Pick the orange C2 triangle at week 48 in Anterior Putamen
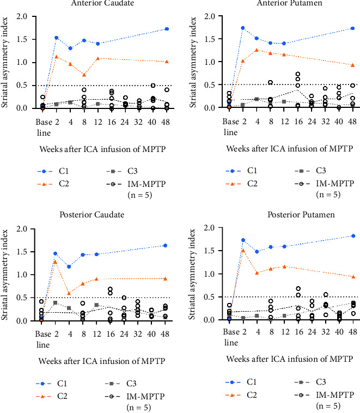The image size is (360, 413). click(x=353, y=65)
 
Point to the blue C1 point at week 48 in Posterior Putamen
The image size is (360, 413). click(x=353, y=236)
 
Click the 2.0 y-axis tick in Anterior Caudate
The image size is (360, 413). click(x=23, y=16)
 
